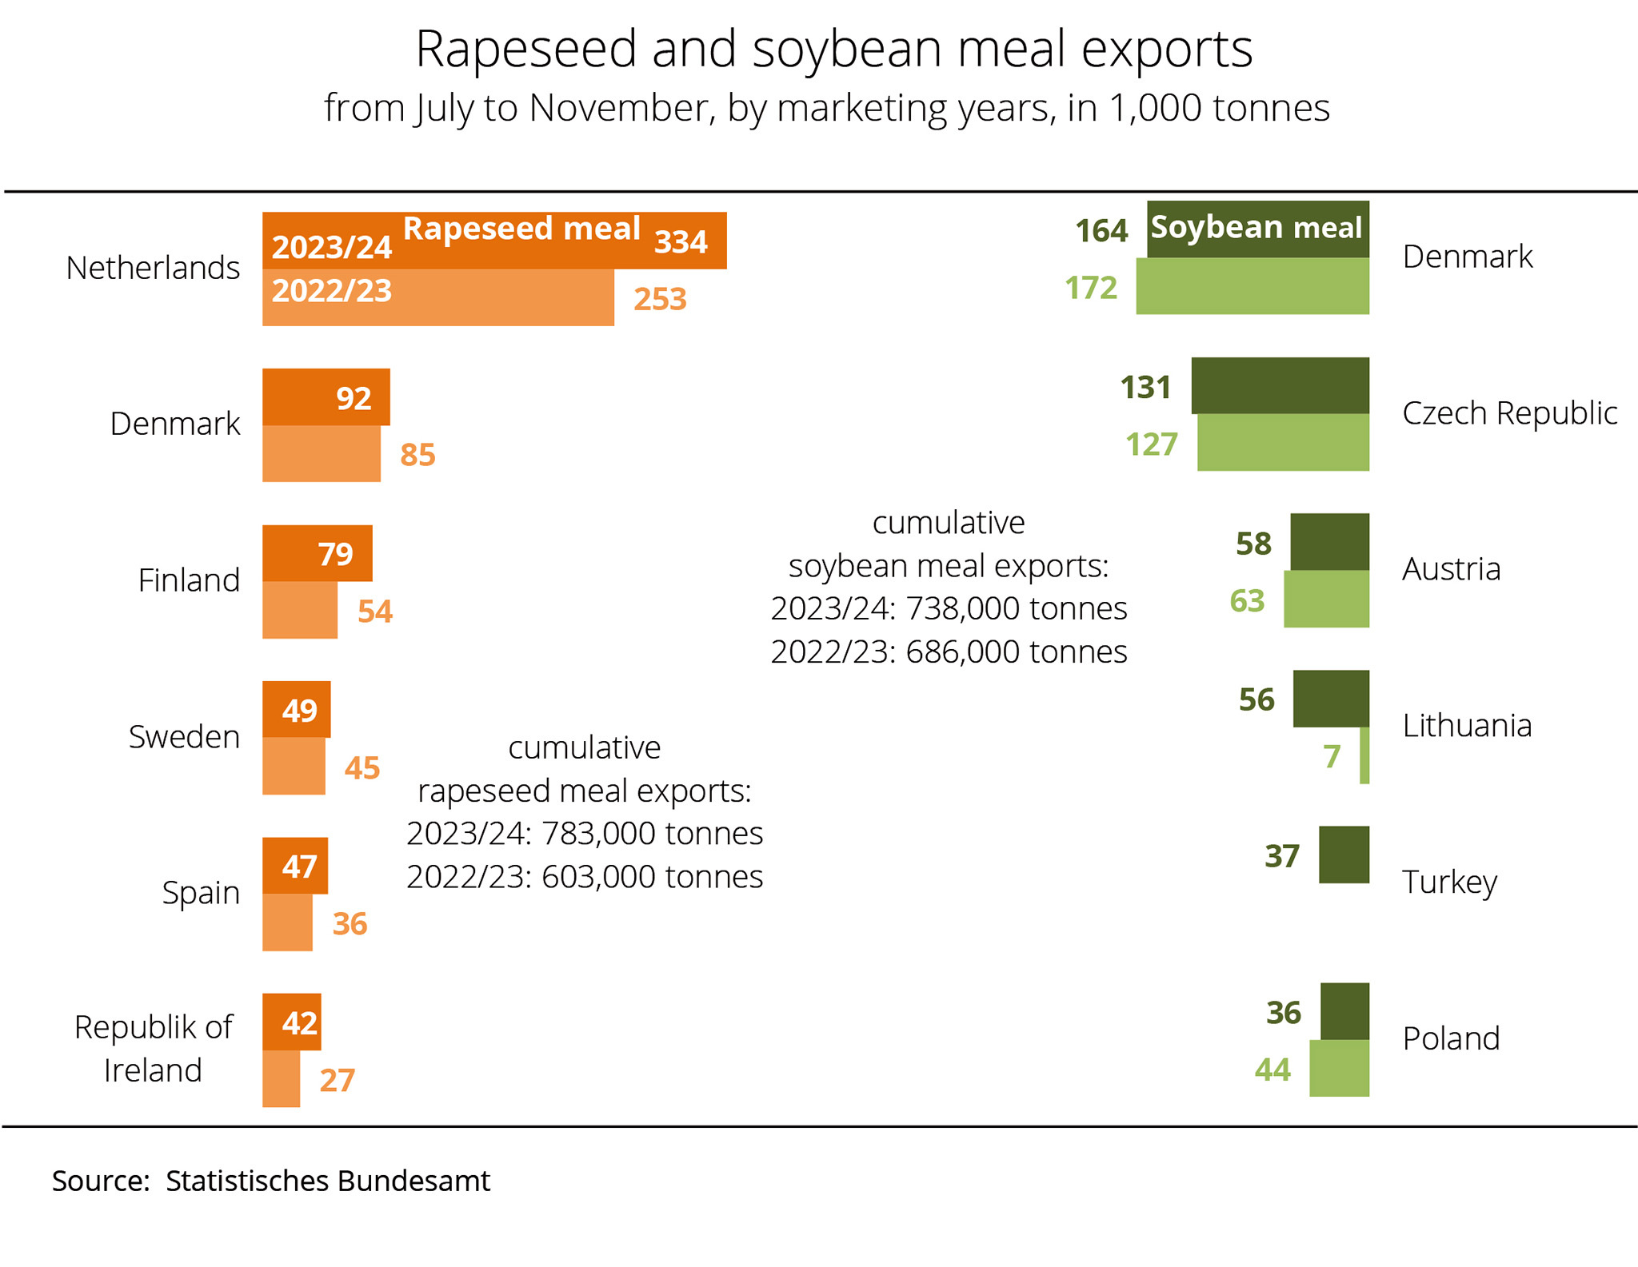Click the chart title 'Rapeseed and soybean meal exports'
click(833, 50)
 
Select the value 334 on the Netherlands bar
click(681, 241)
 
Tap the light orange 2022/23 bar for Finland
click(300, 610)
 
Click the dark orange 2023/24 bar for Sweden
click(297, 709)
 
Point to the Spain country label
click(201, 892)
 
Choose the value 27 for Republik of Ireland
click(337, 1080)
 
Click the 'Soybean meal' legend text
click(1256, 228)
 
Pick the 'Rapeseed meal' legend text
click(521, 229)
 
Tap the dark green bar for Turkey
click(1344, 855)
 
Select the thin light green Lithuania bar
click(1364, 755)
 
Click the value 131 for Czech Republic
click(1145, 387)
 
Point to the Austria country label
click(1451, 569)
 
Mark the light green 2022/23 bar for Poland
click(1339, 1068)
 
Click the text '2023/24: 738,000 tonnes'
click(949, 609)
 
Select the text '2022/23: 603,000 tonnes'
click(585, 877)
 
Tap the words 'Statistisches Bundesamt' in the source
click(328, 1181)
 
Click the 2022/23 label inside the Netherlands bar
click(332, 291)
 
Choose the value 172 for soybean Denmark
click(1090, 288)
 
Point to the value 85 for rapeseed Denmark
click(417, 455)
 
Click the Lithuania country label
click(1467, 726)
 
